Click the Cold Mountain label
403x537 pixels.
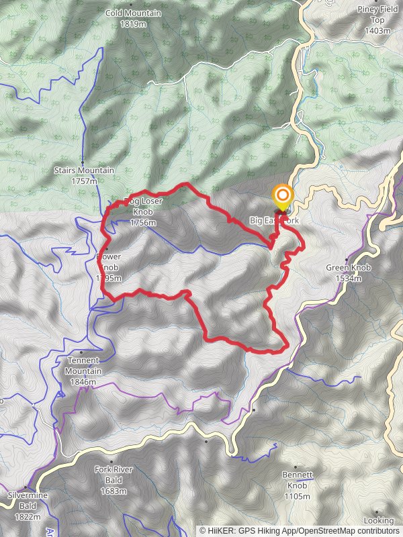tap(133, 13)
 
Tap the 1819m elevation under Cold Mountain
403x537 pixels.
tap(133, 23)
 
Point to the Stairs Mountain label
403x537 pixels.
tap(85, 170)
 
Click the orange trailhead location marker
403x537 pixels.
tap(283, 197)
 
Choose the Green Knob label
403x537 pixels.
tap(349, 267)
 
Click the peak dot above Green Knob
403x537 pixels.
tap(347, 260)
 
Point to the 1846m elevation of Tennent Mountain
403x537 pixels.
tap(83, 382)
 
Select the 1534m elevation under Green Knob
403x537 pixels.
tap(349, 278)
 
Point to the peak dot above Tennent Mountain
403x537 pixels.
tap(81, 352)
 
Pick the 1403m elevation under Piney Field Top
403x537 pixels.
tap(377, 30)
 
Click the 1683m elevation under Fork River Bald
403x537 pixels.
tap(109, 491)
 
